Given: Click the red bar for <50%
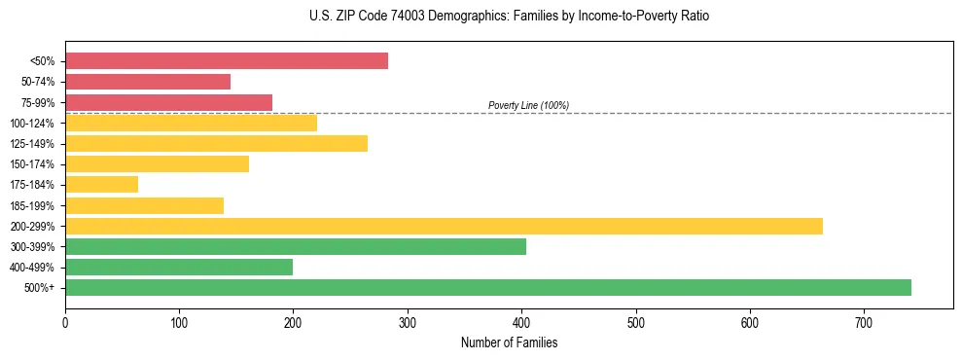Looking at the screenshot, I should [227, 61].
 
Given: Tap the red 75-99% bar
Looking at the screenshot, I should [168, 102].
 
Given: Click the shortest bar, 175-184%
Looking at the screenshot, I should [101, 184].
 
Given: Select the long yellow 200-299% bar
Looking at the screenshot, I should [444, 226].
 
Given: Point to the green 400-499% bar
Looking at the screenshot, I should [179, 267].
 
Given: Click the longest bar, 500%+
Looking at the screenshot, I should [488, 287].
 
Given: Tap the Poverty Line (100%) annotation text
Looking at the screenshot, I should [528, 105].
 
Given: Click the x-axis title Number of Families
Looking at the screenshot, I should [509, 342].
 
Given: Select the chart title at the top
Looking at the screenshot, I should [509, 17].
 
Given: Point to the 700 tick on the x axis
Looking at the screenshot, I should [864, 322].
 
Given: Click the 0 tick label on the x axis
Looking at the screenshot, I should [65, 322].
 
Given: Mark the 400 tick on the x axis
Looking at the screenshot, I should [521, 322].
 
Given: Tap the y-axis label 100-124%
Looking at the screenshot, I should [32, 124].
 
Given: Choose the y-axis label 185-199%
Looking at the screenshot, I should [32, 205].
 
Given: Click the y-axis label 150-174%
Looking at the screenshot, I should [32, 164].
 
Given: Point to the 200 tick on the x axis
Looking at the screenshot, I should [294, 322].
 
